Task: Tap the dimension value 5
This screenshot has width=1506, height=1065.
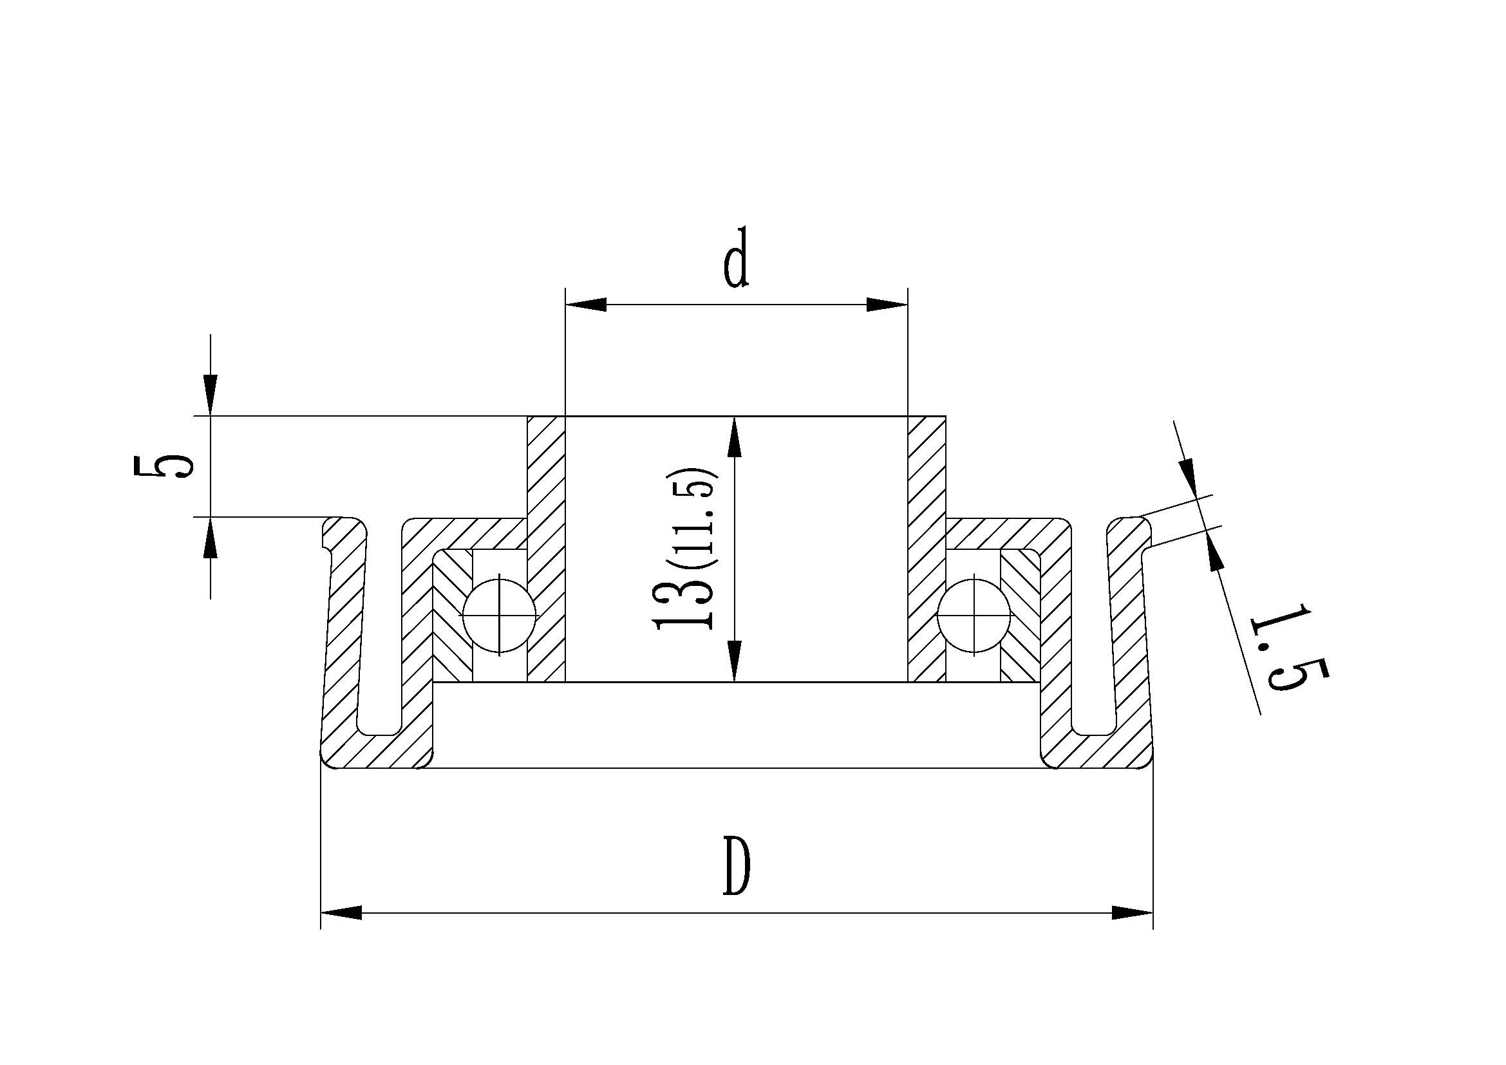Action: (x=162, y=467)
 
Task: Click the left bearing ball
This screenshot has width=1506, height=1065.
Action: (x=499, y=614)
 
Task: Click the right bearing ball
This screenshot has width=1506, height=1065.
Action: (x=974, y=614)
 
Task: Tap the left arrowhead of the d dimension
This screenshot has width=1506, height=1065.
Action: (x=585, y=305)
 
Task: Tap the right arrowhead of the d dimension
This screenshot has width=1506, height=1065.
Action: (x=887, y=305)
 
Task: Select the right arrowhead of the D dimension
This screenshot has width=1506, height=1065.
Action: (x=1132, y=913)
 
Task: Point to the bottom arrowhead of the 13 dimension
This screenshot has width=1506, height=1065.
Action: (x=735, y=663)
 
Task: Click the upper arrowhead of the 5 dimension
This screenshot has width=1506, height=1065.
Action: (x=210, y=395)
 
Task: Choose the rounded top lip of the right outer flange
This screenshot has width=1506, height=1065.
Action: (x=1127, y=529)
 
